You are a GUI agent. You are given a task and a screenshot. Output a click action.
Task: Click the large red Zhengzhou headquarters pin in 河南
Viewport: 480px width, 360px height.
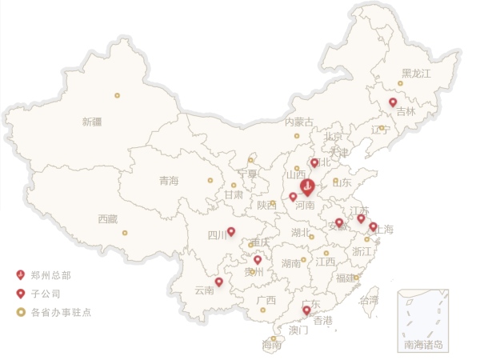coord(308,188)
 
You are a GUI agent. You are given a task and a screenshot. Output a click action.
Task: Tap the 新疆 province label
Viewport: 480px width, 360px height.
coord(92,122)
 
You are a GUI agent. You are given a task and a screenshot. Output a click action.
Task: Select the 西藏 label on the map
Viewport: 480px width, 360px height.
coord(108,218)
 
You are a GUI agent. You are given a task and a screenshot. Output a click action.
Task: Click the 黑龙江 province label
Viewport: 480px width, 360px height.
coord(416,74)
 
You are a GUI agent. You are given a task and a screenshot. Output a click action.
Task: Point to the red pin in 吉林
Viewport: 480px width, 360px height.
coord(393,102)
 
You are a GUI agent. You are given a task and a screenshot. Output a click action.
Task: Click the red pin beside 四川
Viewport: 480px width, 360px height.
coord(231,232)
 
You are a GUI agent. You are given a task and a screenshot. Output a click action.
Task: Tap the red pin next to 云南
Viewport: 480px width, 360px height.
coord(219,282)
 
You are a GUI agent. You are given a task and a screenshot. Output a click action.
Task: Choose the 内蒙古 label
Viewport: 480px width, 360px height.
coord(299,122)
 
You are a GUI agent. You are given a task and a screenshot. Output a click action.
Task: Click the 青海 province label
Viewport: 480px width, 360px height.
coord(169,180)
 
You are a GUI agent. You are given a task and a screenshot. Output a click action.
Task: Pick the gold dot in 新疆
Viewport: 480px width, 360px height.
coord(117,96)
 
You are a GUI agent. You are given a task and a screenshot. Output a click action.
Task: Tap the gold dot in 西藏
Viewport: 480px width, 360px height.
coord(125,233)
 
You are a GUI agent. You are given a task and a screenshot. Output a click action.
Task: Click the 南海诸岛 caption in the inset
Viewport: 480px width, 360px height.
coord(422,345)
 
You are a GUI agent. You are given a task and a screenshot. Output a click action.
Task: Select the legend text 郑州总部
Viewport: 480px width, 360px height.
coord(51,275)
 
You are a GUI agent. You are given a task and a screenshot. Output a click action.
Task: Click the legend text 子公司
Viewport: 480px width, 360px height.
coord(46,294)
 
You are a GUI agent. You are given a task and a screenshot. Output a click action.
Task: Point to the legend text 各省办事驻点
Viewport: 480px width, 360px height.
coord(61,312)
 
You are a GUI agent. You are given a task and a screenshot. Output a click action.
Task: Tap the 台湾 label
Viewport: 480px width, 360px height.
coord(370,301)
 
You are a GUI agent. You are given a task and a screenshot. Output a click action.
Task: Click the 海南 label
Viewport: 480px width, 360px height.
coord(273,346)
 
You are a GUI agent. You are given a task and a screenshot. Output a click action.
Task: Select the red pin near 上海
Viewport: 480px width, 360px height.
coord(373,226)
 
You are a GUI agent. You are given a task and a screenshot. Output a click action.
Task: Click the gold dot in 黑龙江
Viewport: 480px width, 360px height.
coord(401,83)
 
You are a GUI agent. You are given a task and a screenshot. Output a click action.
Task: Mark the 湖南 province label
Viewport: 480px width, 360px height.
coord(291,262)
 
